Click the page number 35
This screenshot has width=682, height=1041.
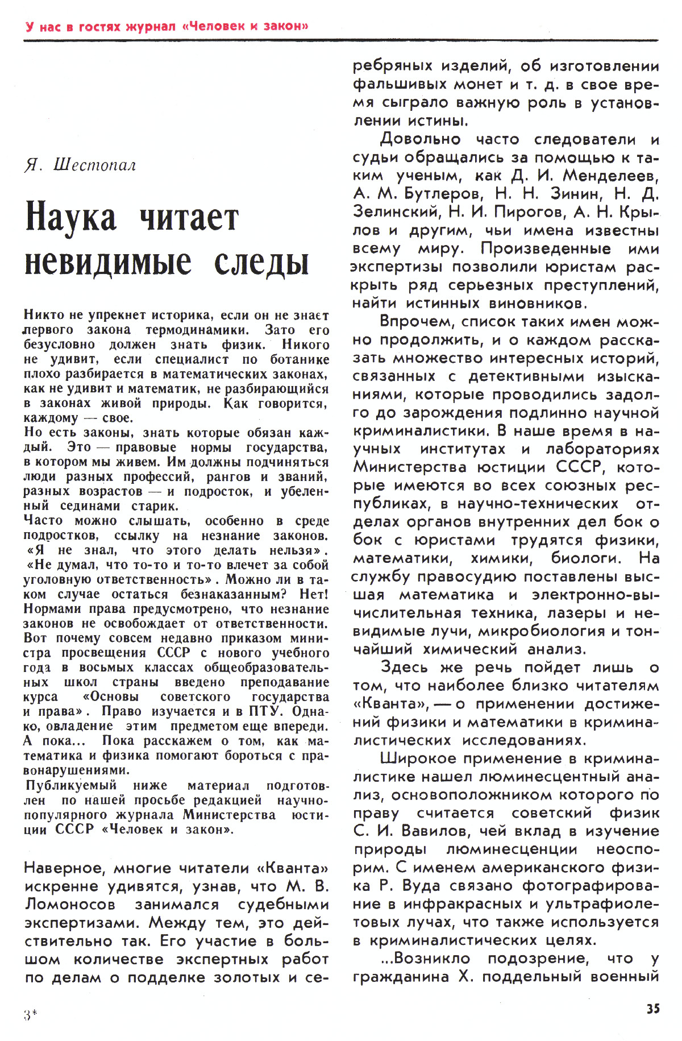click(x=653, y=1009)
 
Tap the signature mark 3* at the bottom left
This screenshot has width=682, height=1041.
click(x=30, y=1015)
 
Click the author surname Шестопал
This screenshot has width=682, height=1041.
click(x=94, y=165)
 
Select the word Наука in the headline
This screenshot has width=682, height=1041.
click(x=71, y=218)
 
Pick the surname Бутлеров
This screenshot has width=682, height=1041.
click(x=443, y=194)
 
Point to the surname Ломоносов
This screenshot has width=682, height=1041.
click(x=70, y=905)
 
